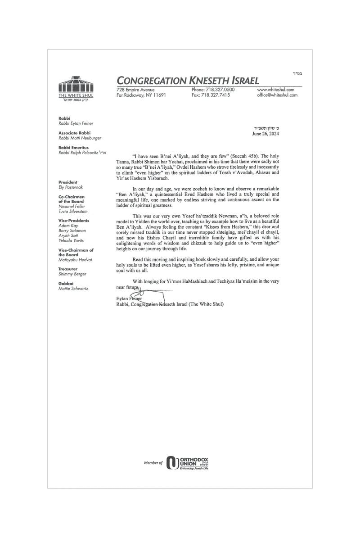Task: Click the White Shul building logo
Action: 76,84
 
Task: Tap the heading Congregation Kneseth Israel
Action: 188,81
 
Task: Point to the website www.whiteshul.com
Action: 275,90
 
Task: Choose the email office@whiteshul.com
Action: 277,95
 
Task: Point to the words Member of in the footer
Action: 153,462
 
